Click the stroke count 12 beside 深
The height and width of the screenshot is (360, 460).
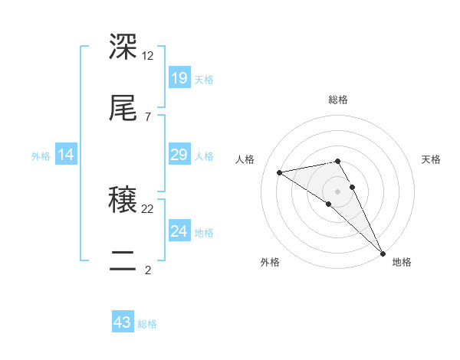tap(148, 55)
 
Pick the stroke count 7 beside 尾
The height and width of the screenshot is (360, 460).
tap(147, 116)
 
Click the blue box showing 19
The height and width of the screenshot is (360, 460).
tap(179, 77)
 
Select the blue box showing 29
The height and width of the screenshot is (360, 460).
tap(179, 155)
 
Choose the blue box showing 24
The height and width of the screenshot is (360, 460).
tap(179, 231)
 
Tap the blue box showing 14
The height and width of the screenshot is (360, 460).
tap(66, 155)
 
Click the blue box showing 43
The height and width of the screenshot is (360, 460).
tap(123, 322)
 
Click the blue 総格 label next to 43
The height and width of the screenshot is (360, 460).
tap(147, 324)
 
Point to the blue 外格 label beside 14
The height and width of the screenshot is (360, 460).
tap(41, 156)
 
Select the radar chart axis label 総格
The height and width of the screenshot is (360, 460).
tap(338, 100)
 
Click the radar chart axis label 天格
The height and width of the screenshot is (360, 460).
tap(431, 159)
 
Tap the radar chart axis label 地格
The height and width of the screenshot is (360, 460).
tap(402, 262)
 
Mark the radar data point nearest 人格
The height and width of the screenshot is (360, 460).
tap(280, 172)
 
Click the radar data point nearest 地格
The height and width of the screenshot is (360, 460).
tap(383, 254)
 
